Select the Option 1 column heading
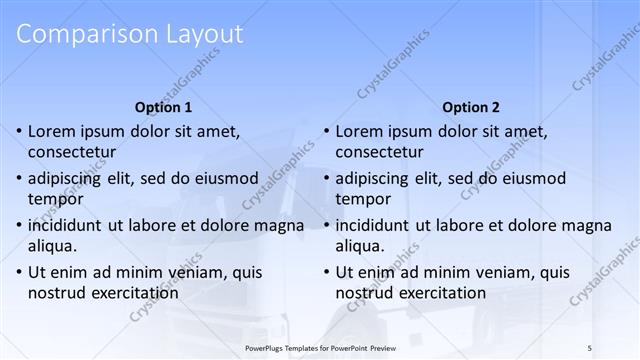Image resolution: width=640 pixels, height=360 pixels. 163,107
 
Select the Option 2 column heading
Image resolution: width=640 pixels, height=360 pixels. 471,107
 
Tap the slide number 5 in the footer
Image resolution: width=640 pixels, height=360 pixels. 590,346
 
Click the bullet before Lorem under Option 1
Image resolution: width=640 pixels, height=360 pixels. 19,131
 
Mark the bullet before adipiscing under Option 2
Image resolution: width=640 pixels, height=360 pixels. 327,178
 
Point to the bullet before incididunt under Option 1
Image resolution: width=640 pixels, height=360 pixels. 19,225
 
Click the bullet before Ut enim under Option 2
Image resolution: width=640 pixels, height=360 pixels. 327,272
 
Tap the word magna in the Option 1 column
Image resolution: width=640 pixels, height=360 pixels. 281,225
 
